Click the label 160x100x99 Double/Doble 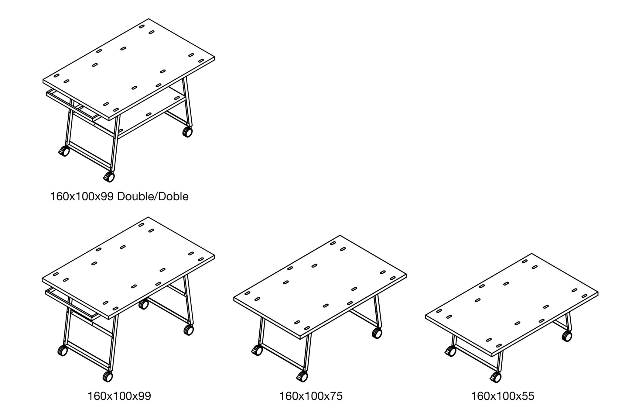119,197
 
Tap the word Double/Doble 153,197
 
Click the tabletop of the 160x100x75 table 320,287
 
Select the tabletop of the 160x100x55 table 512,305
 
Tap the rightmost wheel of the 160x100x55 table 567,336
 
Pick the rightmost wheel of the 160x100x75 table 377,333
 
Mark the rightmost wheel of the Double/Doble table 187,132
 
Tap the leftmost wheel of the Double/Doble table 64,151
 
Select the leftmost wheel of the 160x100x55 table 450,352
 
